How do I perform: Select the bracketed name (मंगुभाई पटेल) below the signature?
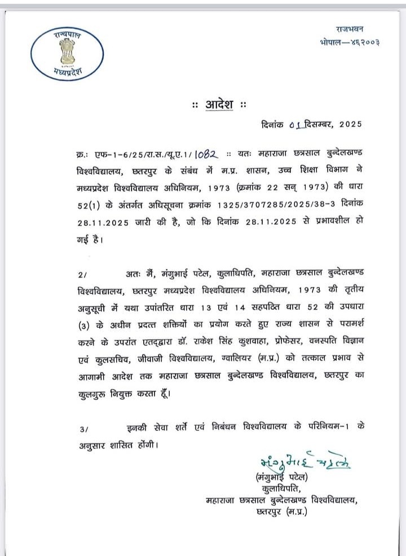click(282, 478)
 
